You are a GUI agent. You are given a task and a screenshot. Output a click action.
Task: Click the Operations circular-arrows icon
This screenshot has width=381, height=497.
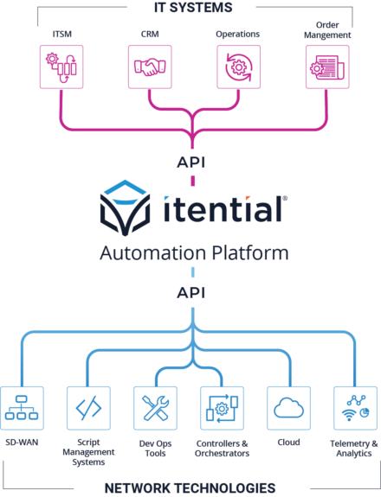238,67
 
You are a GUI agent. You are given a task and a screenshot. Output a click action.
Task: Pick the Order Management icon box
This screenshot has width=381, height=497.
327,67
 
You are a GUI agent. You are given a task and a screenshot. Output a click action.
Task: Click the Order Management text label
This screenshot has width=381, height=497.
327,33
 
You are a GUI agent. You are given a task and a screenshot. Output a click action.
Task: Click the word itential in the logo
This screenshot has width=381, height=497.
224,209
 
